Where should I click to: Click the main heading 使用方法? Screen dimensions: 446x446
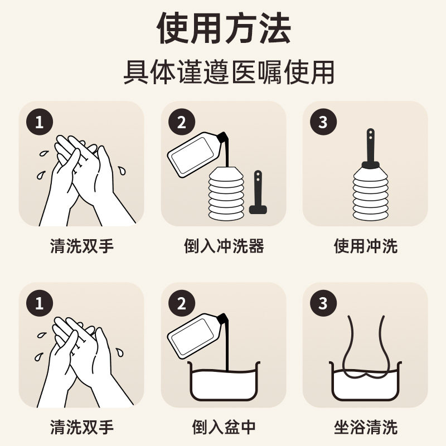(x=224, y=28)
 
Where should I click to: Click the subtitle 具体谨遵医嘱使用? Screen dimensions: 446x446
(x=229, y=72)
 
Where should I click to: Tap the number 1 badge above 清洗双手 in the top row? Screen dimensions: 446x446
(x=40, y=122)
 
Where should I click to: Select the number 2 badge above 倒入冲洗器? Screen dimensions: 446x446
(x=182, y=122)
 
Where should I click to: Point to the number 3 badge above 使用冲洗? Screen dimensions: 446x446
(x=323, y=122)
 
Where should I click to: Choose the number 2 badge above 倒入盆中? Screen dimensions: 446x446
(x=182, y=303)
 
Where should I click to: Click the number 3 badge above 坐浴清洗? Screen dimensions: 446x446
(x=323, y=303)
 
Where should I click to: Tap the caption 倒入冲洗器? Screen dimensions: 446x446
(x=224, y=246)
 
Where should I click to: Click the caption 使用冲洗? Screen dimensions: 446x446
(x=366, y=246)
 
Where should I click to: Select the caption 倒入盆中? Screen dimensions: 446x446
(x=224, y=427)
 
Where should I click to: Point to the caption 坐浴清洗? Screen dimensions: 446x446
(x=366, y=427)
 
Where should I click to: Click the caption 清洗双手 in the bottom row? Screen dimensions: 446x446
(x=82, y=427)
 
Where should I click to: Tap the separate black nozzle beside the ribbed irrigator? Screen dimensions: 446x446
(x=258, y=192)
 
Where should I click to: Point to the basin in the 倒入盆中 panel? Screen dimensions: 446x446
(x=224, y=381)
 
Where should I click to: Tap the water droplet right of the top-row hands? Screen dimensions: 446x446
(x=122, y=171)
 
